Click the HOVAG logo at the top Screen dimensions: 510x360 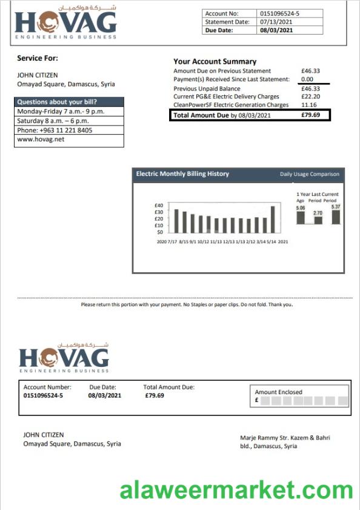point(65,24)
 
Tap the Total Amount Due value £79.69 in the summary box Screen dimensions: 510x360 point(310,115)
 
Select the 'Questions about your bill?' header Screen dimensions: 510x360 point(57,102)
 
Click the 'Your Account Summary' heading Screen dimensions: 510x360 point(215,61)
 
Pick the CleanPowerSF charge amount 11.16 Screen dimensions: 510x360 point(309,105)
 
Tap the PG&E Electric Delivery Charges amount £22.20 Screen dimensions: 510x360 point(310,96)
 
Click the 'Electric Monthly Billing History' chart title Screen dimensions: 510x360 point(182,174)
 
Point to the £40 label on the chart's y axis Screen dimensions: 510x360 point(159,206)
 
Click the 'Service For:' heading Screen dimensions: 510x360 point(38,58)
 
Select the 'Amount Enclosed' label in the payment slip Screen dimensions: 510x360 point(278,392)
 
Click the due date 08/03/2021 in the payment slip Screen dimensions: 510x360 point(105,395)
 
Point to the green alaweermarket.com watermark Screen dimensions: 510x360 point(236,490)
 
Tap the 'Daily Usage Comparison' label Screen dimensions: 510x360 point(309,175)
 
